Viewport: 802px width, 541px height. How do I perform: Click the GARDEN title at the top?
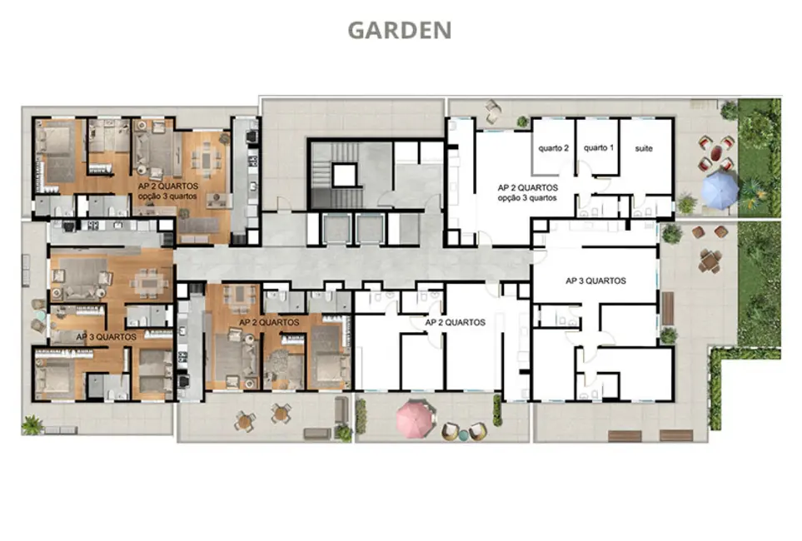399,30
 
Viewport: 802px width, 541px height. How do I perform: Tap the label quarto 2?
554,148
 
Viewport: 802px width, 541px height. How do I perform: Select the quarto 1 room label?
597,148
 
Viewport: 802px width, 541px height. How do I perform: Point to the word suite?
644,148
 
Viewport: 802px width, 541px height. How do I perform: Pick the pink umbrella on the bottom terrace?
414,418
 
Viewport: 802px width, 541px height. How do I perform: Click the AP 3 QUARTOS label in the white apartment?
595,280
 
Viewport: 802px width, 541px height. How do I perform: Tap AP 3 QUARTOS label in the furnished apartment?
106,337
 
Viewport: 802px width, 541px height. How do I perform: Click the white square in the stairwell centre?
343,175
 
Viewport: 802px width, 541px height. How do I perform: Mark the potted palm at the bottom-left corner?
32,424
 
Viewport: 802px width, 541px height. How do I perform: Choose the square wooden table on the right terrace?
709,261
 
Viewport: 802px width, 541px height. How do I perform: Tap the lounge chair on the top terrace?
492,107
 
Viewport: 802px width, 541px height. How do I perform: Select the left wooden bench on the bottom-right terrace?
625,434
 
